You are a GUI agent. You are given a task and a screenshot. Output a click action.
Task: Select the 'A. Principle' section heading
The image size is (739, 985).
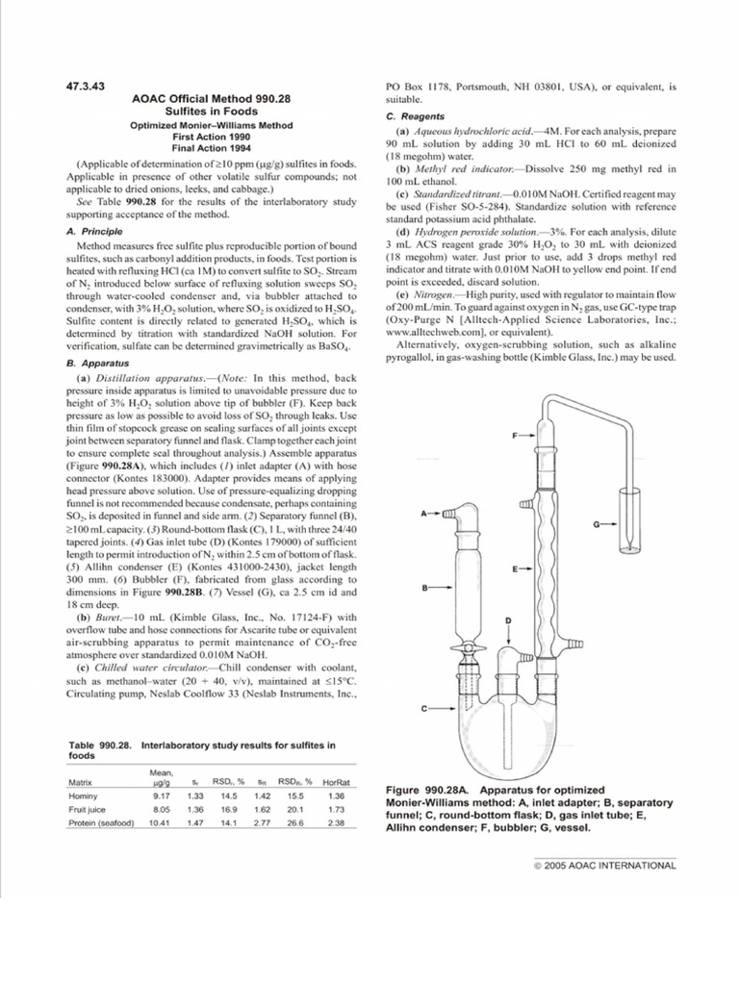click(93, 232)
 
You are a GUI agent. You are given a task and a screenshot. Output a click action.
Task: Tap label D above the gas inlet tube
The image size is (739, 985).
click(507, 619)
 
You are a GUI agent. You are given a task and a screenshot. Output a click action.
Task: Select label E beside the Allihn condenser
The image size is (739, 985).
click(516, 570)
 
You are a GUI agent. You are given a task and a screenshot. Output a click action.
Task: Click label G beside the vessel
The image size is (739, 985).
click(597, 524)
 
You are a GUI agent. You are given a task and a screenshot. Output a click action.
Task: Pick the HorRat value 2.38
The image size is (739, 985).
click(336, 823)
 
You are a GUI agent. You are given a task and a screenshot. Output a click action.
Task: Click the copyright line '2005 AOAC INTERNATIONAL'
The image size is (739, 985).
click(606, 865)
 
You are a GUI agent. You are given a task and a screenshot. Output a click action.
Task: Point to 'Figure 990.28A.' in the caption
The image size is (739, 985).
click(423, 788)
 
